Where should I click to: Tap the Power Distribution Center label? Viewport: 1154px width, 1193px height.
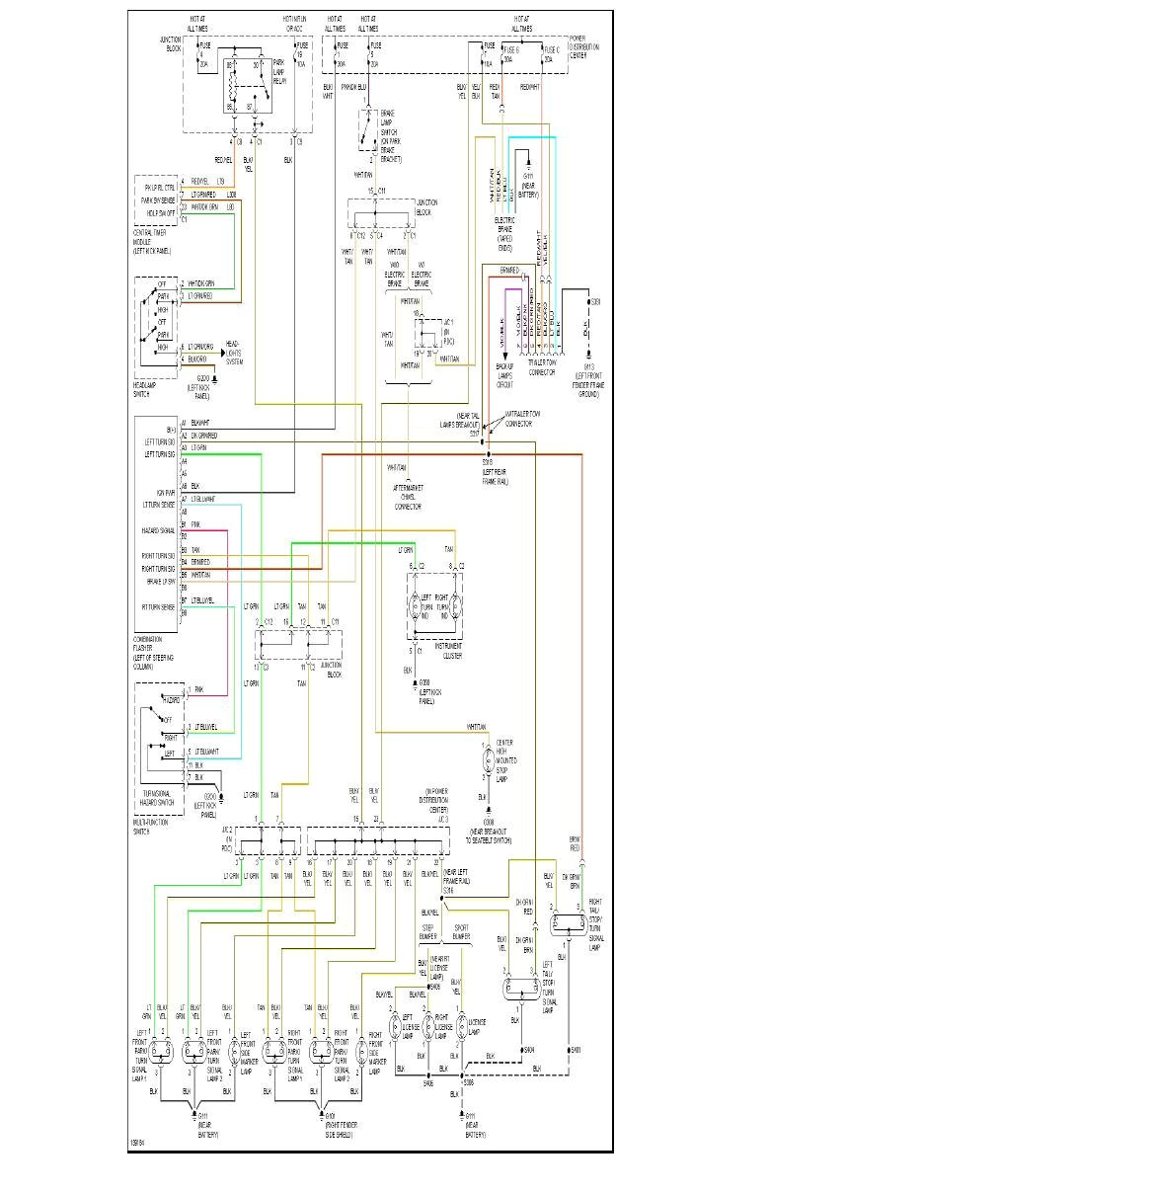point(583,47)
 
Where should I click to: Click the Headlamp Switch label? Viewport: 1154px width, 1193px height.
point(144,391)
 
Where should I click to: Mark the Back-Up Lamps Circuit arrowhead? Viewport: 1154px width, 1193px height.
point(504,357)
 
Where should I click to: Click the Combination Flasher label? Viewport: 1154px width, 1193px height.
point(154,653)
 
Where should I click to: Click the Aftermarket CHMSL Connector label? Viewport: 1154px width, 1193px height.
point(408,497)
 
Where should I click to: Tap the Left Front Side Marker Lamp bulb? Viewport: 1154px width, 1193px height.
point(233,1053)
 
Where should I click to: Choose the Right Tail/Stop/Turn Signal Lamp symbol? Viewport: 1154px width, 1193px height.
point(568,923)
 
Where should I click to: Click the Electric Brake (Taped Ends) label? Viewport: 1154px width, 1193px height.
point(504,229)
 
